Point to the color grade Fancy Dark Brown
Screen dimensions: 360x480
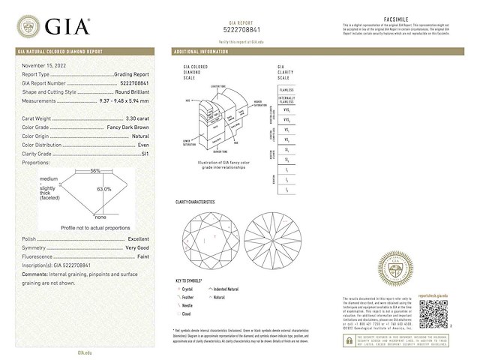coord(127,127)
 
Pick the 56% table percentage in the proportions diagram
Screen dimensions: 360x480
coord(95,171)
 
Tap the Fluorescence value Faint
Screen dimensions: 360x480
coord(142,256)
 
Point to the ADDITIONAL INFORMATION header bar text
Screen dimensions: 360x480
coord(201,52)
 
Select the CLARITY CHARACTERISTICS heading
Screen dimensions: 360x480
coord(195,202)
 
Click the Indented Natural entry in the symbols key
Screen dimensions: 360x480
coord(226,289)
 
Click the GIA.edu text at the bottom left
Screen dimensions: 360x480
coord(85,351)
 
